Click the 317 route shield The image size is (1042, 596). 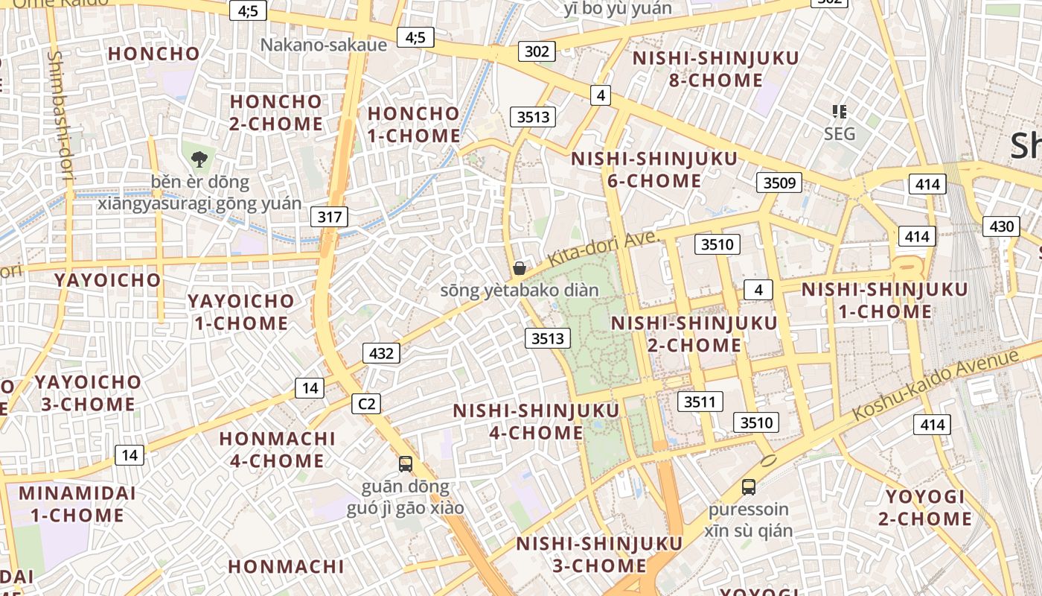(329, 217)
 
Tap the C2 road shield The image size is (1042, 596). (365, 404)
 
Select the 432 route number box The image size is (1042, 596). (381, 353)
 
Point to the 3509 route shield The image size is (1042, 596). (779, 183)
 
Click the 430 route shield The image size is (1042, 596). (1001, 226)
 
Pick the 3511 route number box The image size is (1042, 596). (700, 402)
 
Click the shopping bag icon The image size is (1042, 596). (520, 268)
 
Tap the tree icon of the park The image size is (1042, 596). (199, 159)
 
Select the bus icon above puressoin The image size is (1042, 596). (748, 487)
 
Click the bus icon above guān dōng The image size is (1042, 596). (405, 463)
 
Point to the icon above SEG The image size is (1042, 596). (840, 112)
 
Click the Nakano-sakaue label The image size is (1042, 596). (324, 45)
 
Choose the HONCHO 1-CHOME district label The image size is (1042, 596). (414, 124)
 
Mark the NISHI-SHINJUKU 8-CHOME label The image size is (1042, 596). (705, 69)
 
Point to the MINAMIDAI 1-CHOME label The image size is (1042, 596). (77, 504)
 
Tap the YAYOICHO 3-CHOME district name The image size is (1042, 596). (87, 393)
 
